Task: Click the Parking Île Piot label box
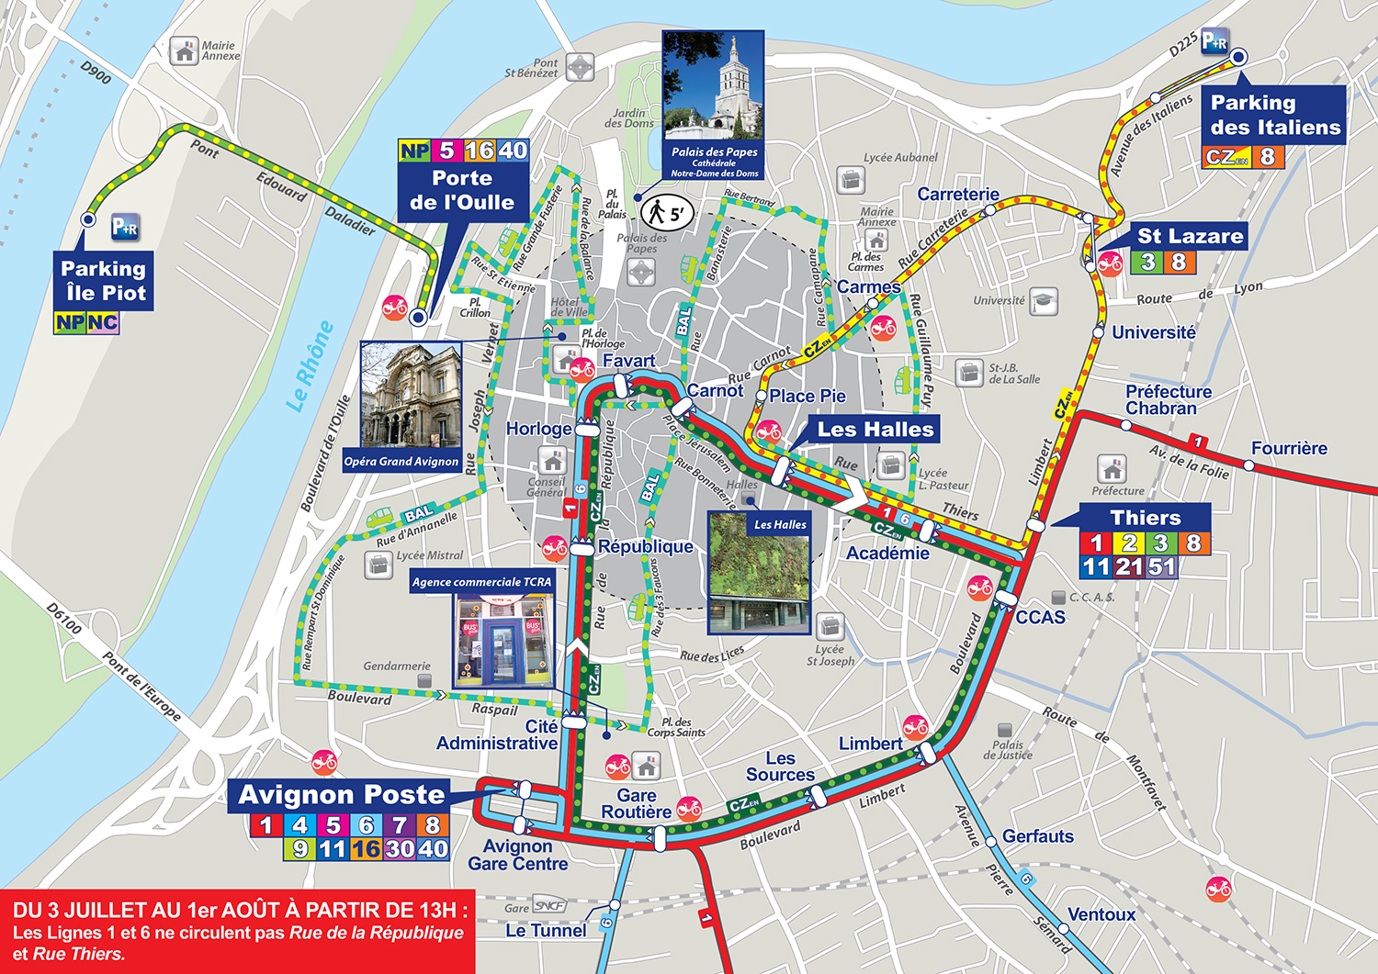click(x=103, y=281)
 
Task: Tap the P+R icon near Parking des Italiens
click(x=1214, y=40)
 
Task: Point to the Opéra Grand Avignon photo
click(x=411, y=397)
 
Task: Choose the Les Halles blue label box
click(x=875, y=430)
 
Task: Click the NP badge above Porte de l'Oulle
click(x=414, y=151)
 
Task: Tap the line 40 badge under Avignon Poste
click(x=432, y=849)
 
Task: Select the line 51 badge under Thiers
click(x=1161, y=567)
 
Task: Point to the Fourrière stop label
click(x=1288, y=449)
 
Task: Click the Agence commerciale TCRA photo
click(x=503, y=640)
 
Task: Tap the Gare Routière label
click(x=636, y=803)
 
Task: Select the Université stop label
click(x=1153, y=332)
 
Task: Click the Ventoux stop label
click(x=1101, y=914)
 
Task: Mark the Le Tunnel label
click(x=546, y=931)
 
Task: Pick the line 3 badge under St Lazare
click(x=1147, y=263)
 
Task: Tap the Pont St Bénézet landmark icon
click(x=580, y=67)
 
